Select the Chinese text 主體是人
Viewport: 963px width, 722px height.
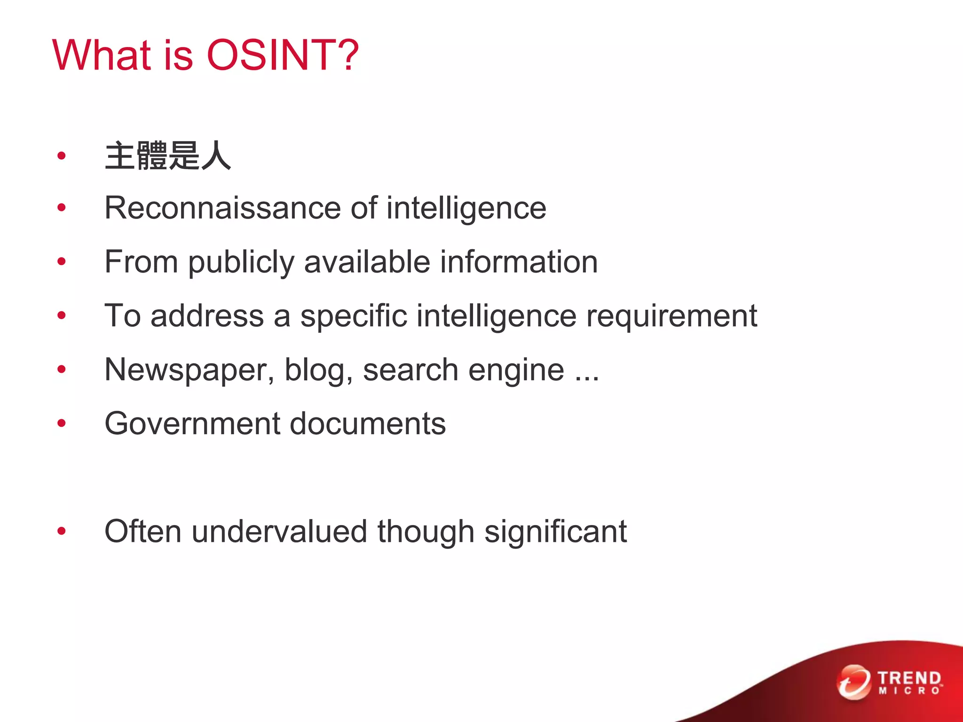pos(168,156)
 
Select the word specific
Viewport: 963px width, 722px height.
pos(354,316)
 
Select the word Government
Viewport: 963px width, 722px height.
pos(191,424)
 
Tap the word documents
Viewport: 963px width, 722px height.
pos(367,424)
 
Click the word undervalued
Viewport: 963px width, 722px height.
pos(279,532)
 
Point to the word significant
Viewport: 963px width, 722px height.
pos(555,532)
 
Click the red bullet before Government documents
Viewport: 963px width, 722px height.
pos(62,424)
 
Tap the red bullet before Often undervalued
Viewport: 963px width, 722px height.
pos(62,532)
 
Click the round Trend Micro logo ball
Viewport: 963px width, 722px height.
pos(853,682)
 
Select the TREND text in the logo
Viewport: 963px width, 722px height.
pos(909,678)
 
